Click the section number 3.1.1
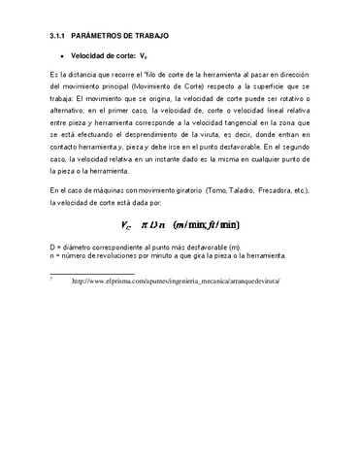click(60, 36)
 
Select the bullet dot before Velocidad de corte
click(62, 57)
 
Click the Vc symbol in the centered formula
click(127, 226)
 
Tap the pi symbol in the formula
click(146, 226)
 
